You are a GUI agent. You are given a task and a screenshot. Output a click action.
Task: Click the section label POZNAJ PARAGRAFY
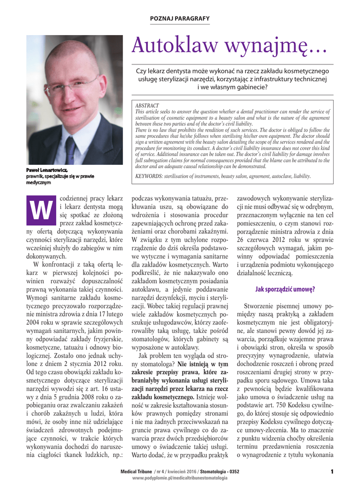click(180, 18)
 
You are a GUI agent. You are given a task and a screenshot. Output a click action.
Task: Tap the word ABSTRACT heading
click(147, 105)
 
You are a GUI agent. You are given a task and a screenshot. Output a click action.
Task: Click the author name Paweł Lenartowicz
click(47, 170)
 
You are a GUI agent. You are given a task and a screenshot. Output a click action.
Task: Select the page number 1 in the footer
click(332, 471)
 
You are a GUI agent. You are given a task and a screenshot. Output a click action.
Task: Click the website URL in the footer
click(180, 478)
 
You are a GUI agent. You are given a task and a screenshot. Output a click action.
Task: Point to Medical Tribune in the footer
click(136, 471)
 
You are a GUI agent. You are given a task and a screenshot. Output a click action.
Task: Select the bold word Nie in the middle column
click(183, 364)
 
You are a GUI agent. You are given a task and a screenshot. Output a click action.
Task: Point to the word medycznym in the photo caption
click(39, 182)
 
